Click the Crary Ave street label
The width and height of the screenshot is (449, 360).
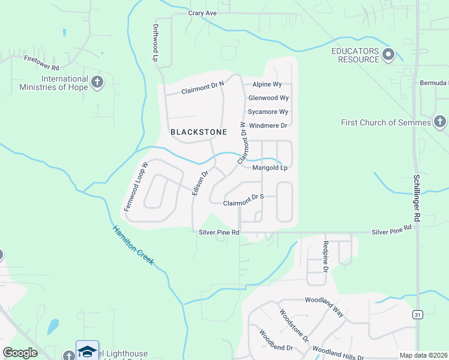202,13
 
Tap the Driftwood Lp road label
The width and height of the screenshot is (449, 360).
155,43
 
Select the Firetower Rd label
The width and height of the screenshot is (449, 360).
41,60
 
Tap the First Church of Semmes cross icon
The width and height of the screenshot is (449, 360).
439,122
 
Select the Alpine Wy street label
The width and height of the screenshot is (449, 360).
267,85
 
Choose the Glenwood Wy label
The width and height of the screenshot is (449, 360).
268,98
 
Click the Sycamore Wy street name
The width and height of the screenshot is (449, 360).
268,112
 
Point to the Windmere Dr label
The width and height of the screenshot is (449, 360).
268,126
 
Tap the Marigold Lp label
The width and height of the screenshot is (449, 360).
270,168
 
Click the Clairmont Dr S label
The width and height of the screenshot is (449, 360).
244,203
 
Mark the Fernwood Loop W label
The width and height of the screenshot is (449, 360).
136,185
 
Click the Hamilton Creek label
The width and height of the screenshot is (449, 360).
133,244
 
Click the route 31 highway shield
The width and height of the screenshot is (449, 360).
417,314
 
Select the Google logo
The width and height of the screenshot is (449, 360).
20,353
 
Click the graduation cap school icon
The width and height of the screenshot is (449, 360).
87,350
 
